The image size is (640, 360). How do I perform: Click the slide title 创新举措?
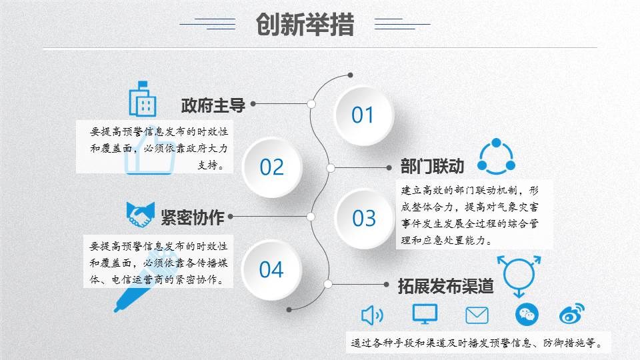tap(305, 25)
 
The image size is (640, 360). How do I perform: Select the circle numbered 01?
tap(363, 115)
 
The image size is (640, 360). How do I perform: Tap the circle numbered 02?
tap(271, 167)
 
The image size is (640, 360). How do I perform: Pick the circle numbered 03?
tap(364, 219)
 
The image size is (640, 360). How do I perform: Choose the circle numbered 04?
tap(271, 270)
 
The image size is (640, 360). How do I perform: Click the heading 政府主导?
tap(213, 105)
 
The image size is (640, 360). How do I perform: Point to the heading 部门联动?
tap(432, 167)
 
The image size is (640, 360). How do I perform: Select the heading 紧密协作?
tap(193, 217)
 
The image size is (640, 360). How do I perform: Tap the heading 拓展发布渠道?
tap(446, 286)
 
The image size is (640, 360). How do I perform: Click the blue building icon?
tap(143, 99)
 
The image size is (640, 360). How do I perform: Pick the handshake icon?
tap(141, 214)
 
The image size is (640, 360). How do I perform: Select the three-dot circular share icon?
tap(496, 157)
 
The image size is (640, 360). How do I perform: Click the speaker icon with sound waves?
tap(372, 315)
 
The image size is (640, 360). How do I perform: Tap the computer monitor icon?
tap(425, 314)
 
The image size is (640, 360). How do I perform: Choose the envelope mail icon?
tap(477, 315)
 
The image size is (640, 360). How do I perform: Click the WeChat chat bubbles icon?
tap(527, 315)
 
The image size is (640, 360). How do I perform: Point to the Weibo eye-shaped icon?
tap(572, 314)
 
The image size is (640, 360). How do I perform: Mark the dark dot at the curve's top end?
tap(350, 75)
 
